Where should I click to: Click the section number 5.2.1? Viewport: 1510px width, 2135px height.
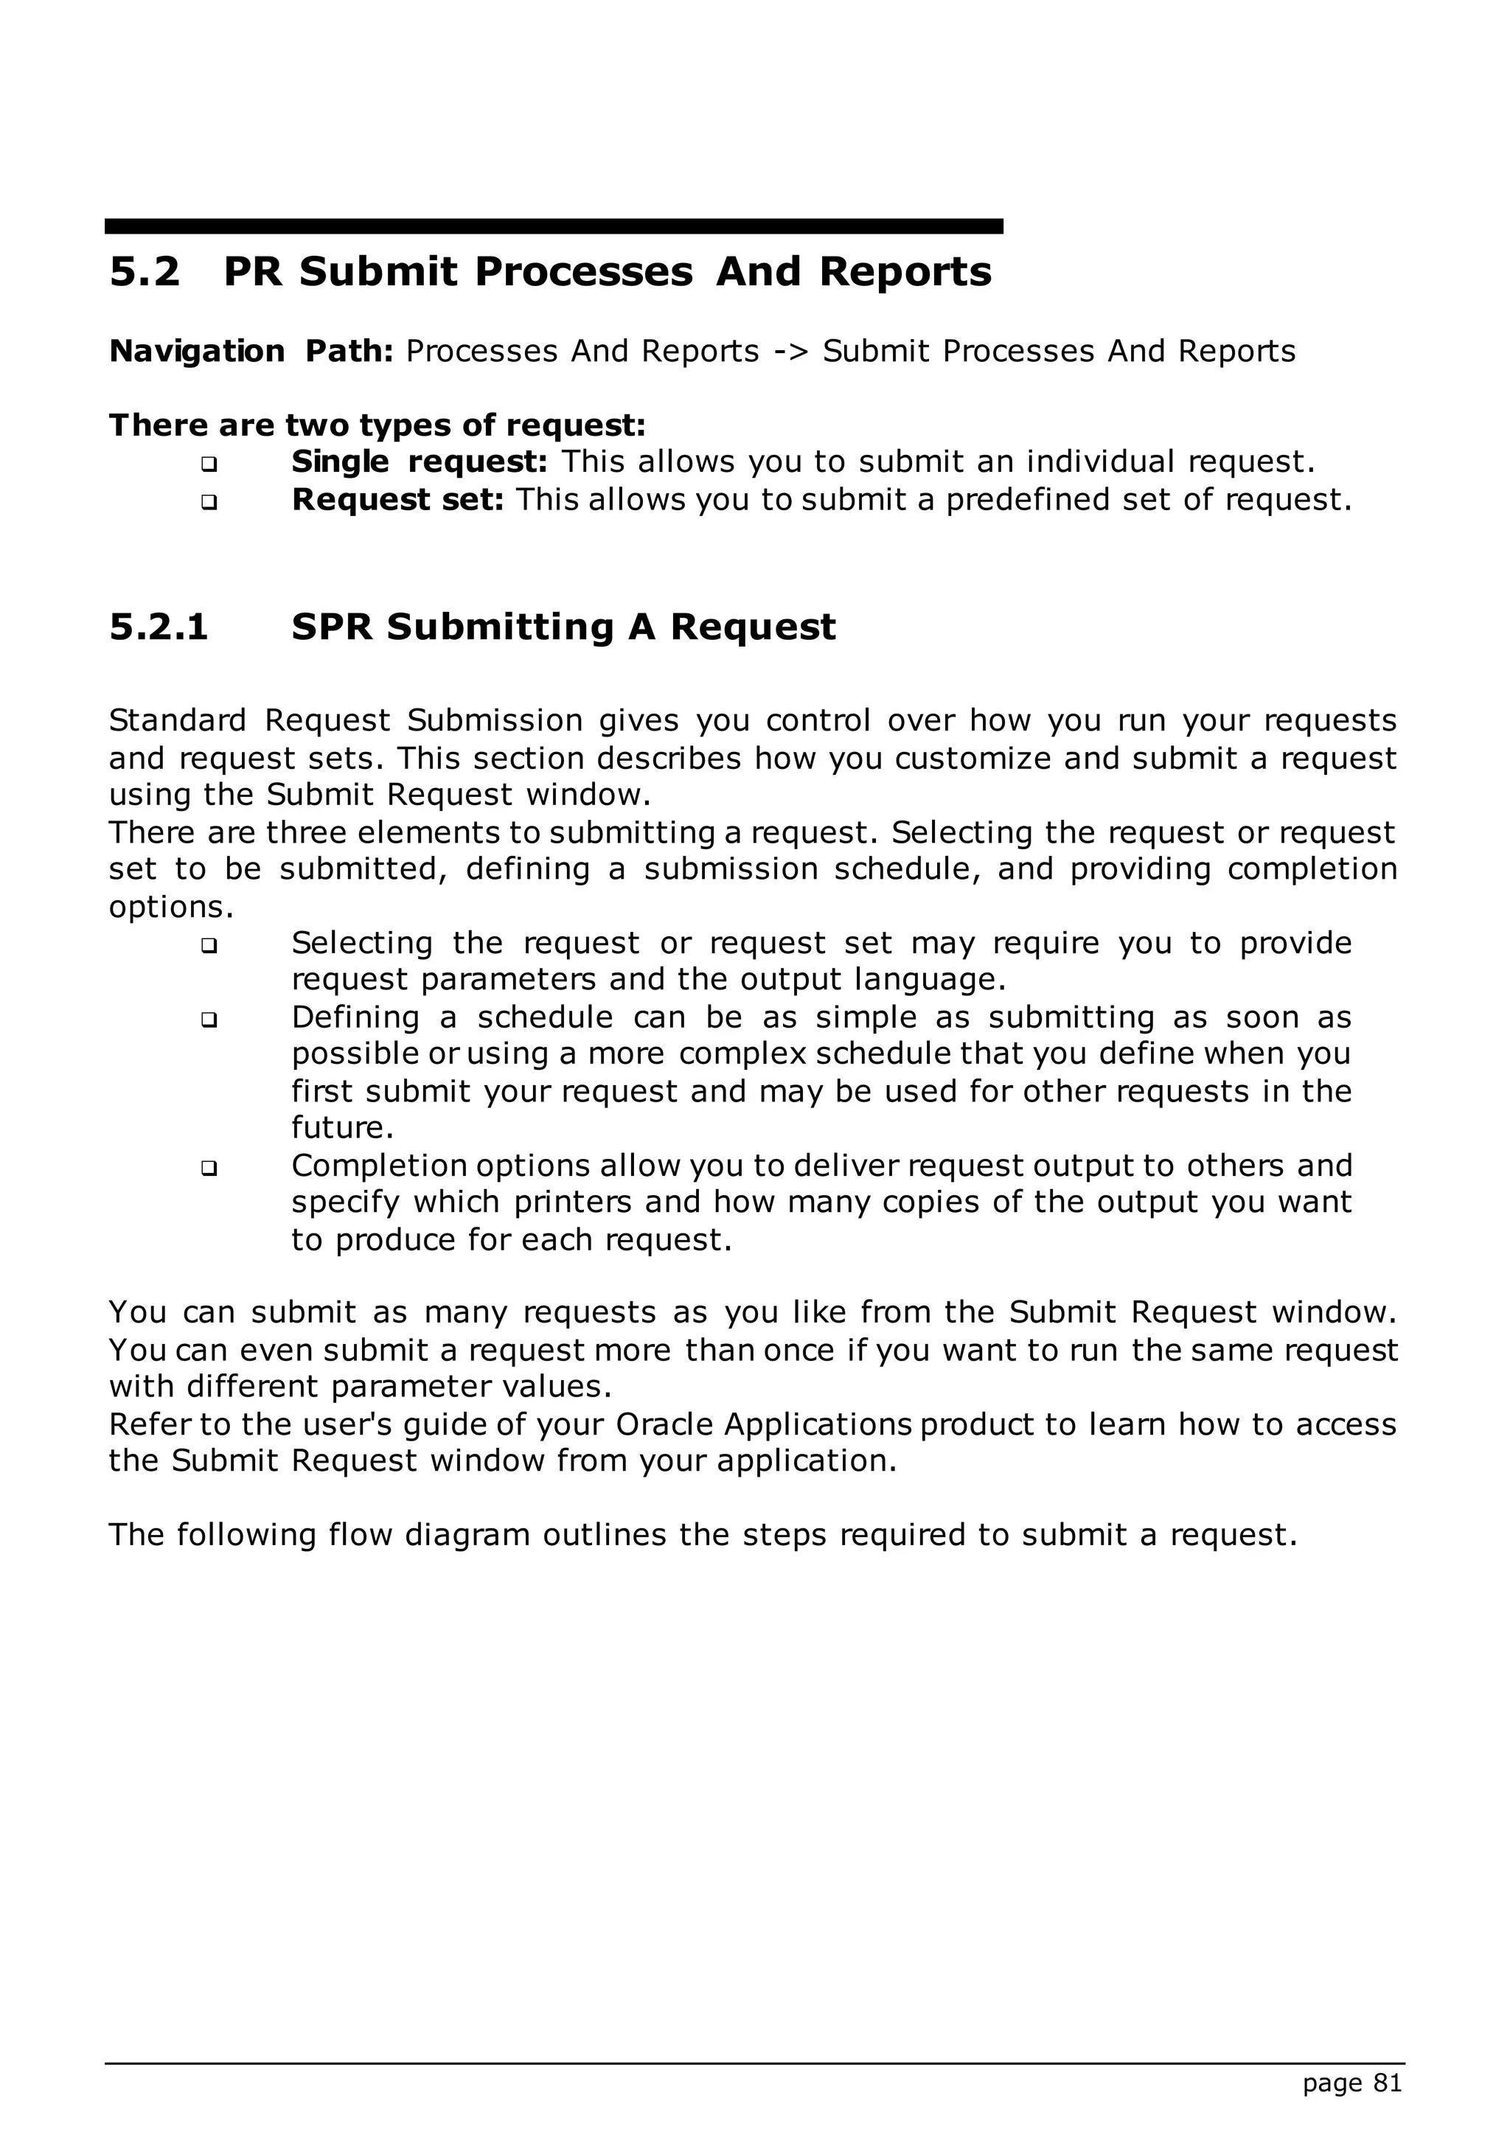(x=158, y=627)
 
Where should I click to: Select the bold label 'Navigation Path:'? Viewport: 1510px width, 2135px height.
(x=251, y=352)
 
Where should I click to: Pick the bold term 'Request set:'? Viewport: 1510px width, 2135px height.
(x=397, y=501)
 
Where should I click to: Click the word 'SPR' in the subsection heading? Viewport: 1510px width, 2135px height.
(x=332, y=627)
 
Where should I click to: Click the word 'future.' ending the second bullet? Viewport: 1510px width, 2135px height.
(x=343, y=1128)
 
